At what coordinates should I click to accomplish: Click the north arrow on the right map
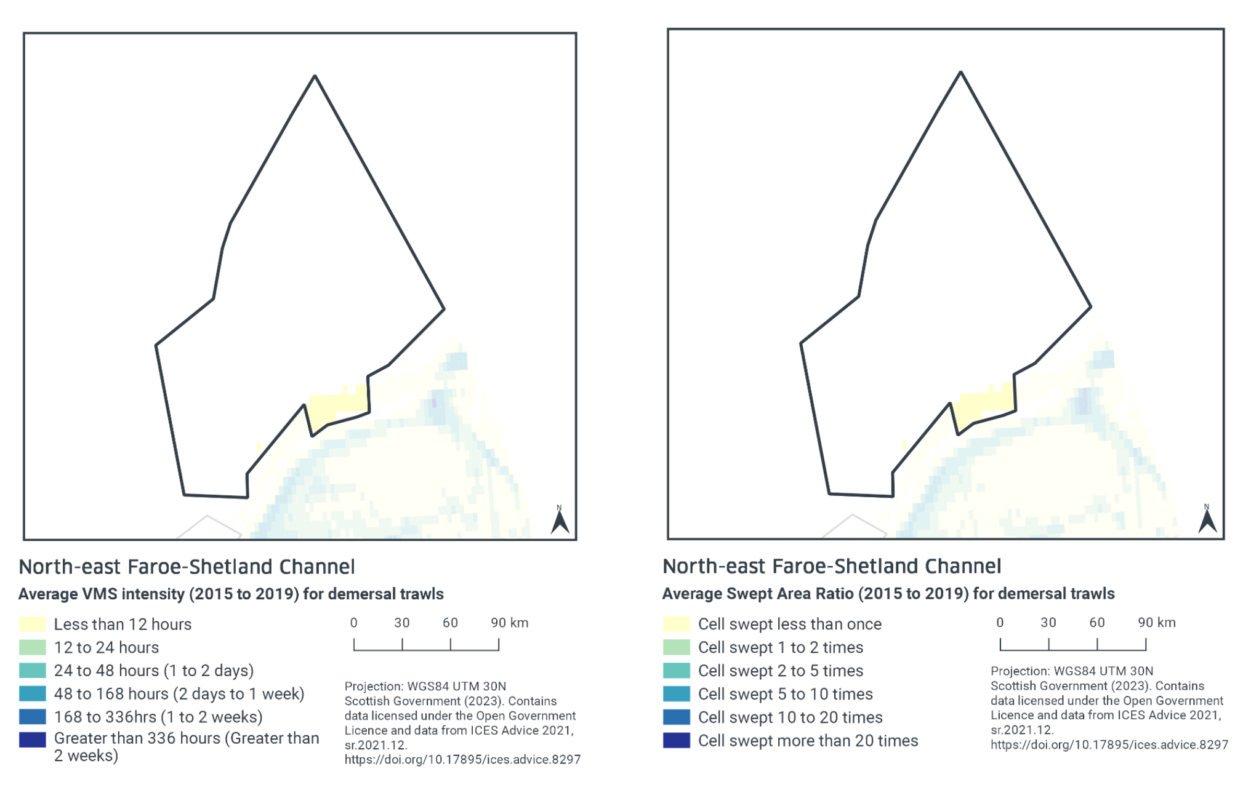coord(1207,520)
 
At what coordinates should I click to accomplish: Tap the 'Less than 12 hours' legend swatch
coord(33,624)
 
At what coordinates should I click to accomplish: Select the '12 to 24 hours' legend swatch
coord(33,648)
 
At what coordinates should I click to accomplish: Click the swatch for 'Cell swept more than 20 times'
coord(676,741)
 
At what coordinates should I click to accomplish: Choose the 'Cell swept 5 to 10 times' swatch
coord(676,694)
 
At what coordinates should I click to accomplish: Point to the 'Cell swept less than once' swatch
coord(676,624)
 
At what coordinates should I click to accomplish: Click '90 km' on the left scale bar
coord(509,623)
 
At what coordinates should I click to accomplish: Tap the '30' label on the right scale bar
coord(1048,623)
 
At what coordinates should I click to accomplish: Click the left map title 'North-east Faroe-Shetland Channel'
coord(187,567)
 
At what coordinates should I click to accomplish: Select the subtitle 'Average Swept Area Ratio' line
coord(888,594)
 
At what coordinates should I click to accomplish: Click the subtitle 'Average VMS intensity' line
coord(231,594)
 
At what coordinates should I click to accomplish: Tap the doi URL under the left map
coord(462,760)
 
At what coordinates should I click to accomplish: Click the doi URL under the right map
coord(1109,745)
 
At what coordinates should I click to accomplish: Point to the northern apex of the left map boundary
coord(315,76)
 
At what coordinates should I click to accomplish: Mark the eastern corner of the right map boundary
coord(1090,306)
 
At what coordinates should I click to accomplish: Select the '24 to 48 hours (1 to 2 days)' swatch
coord(33,671)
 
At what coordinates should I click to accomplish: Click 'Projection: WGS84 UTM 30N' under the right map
coord(1071,671)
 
